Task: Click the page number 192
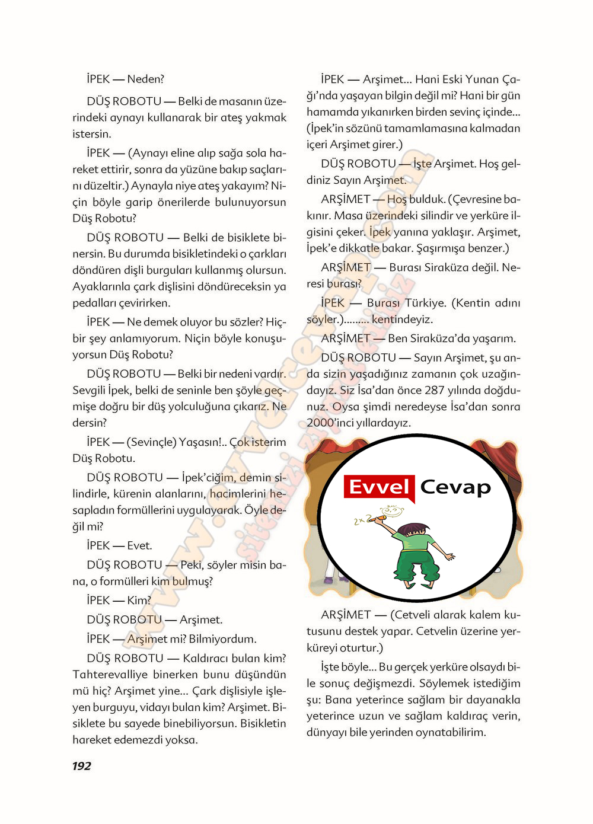click(x=82, y=766)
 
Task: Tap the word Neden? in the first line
click(x=145, y=79)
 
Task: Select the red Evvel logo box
click(x=379, y=487)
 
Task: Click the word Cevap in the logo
click(x=455, y=487)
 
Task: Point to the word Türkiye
click(x=425, y=303)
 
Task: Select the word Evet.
click(x=139, y=545)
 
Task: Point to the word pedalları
click(x=94, y=303)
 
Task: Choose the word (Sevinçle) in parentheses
click(x=152, y=442)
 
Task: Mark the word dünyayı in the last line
click(x=326, y=732)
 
